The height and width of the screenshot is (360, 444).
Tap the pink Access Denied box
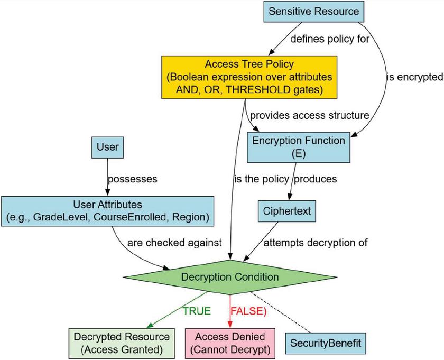pyautogui.click(x=229, y=343)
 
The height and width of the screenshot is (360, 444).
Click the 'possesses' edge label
pyautogui.click(x=132, y=179)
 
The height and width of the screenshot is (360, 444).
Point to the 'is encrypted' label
pyautogui.click(x=415, y=77)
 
